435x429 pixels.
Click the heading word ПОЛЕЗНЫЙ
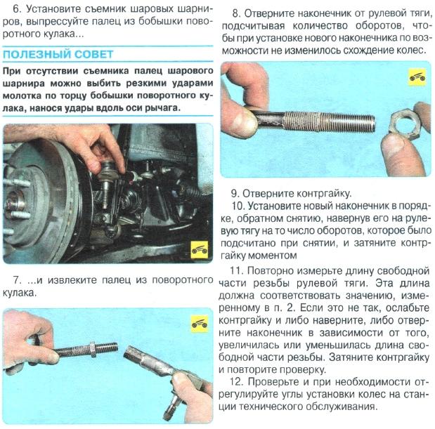coord(34,54)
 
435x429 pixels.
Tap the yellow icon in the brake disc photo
coord(200,249)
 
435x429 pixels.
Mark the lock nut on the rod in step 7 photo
coord(92,346)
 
